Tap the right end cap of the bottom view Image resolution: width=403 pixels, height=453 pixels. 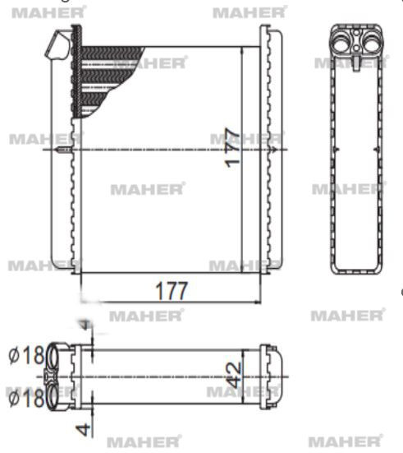[x=271, y=377]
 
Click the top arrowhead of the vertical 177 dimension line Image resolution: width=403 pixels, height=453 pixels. [x=243, y=50]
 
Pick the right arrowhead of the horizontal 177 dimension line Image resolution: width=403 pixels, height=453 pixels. [x=257, y=301]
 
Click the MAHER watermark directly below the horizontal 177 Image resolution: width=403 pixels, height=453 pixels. [x=146, y=316]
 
